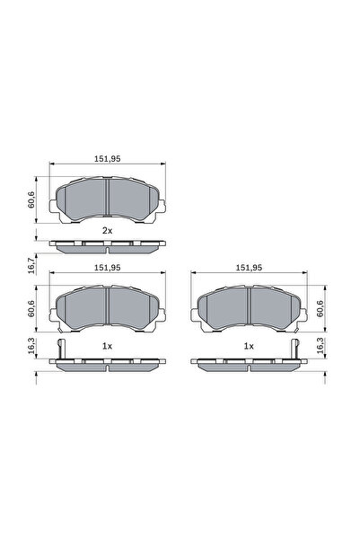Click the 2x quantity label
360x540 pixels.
(x=107, y=231)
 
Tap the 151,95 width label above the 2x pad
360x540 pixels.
(x=108, y=160)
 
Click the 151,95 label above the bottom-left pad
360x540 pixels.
(x=108, y=268)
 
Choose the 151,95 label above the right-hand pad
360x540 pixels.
(x=249, y=268)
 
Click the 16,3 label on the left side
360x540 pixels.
(x=32, y=349)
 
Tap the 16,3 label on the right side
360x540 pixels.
(x=320, y=349)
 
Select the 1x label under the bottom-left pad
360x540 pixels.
(x=107, y=346)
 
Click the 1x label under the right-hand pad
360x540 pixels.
(x=249, y=346)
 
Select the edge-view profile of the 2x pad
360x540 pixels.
(x=108, y=244)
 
